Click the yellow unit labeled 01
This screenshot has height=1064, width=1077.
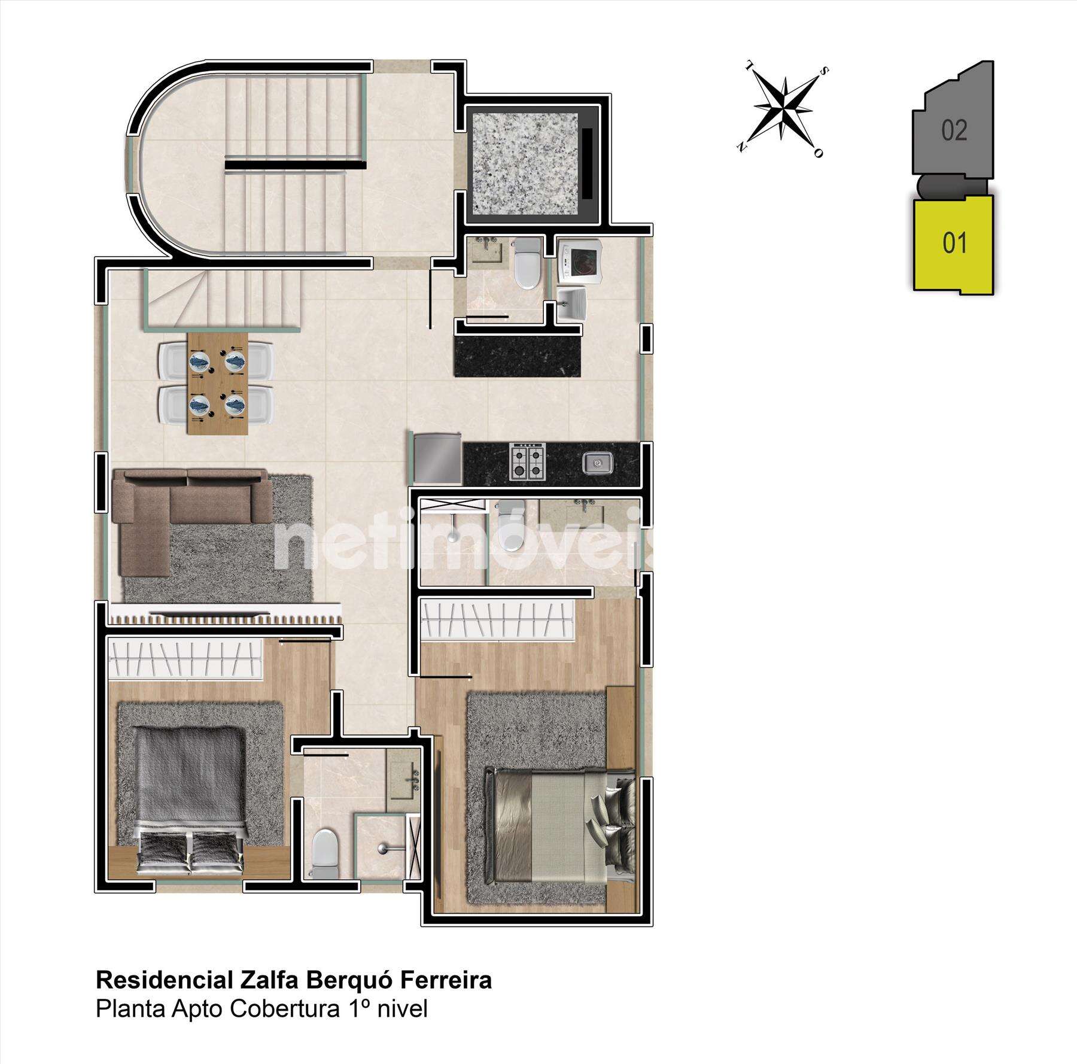[x=954, y=244]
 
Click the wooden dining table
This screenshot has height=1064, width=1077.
[x=217, y=383]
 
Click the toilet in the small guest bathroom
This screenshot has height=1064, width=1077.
[x=527, y=263]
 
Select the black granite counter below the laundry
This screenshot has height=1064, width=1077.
[x=518, y=355]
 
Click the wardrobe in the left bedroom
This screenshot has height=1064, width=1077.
[x=185, y=659]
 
